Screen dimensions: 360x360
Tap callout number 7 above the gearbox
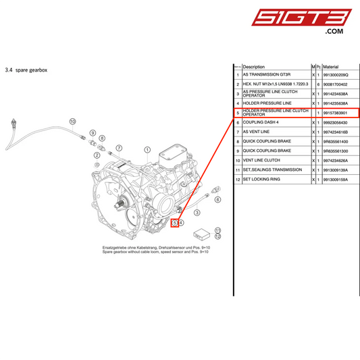pos(118,147)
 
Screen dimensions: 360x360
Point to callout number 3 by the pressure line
pos(197,212)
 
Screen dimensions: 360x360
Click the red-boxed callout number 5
pos(174,222)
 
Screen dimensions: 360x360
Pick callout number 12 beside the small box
pos(217,236)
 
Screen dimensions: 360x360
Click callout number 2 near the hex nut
pos(97,155)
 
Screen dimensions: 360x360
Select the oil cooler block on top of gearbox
pos(169,161)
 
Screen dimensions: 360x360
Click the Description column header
pos(254,68)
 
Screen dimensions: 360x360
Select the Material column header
pos(331,68)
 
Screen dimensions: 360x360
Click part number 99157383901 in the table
pos(336,113)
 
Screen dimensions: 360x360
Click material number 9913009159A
pos(336,180)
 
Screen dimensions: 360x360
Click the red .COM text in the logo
pos(334,31)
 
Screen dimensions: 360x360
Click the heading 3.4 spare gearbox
pos(28,70)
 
